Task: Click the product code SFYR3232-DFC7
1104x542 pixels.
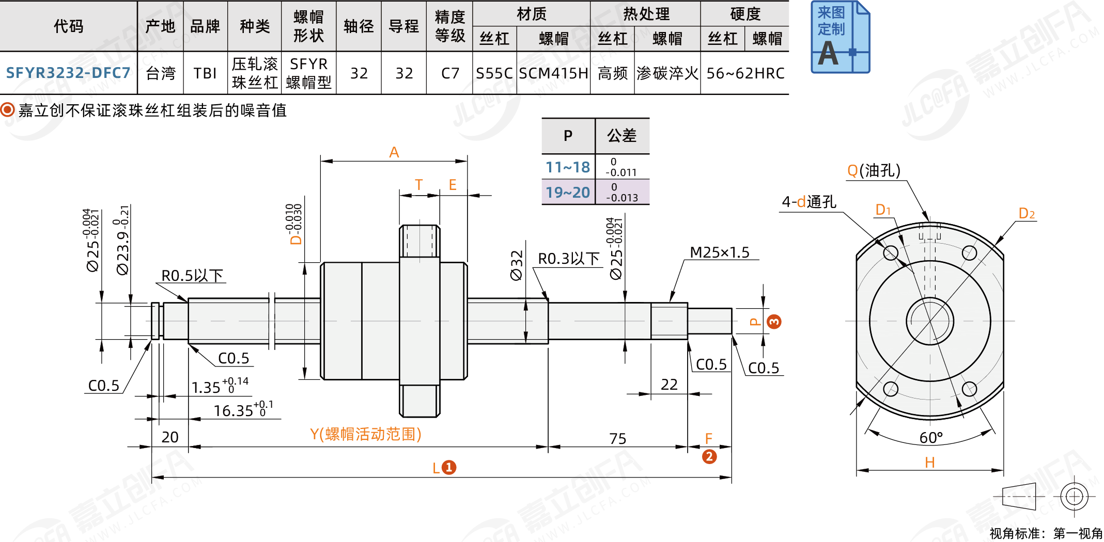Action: (x=68, y=73)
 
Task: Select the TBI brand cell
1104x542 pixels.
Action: (x=205, y=73)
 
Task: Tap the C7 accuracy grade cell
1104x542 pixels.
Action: (x=450, y=73)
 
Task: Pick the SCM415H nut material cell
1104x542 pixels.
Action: (x=554, y=73)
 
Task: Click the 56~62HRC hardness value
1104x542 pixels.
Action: (x=745, y=73)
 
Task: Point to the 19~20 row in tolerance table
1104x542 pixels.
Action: (x=568, y=193)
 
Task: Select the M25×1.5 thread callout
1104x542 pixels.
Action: (x=719, y=252)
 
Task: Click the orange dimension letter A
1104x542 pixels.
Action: (x=394, y=152)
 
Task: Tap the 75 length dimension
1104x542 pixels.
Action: (x=617, y=439)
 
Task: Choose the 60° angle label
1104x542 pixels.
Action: (x=931, y=438)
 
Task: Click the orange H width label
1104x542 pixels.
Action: (x=929, y=463)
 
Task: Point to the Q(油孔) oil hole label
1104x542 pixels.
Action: (x=874, y=170)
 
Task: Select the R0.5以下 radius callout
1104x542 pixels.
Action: (x=192, y=276)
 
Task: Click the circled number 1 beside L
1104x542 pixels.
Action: (x=449, y=468)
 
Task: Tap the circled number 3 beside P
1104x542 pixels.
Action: (x=774, y=322)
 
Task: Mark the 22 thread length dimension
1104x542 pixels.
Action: (x=669, y=385)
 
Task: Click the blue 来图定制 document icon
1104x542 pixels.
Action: (x=840, y=37)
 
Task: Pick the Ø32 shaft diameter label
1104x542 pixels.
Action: (x=517, y=265)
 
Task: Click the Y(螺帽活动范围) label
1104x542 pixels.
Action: (x=366, y=434)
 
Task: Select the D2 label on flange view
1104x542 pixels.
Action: (x=1027, y=213)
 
